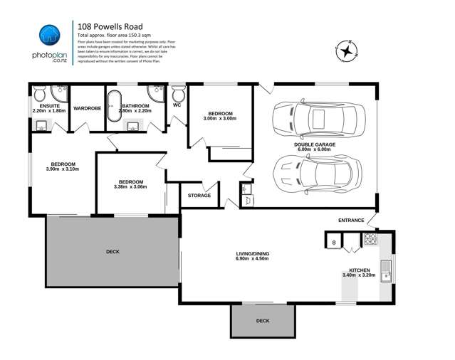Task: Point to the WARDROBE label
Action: click(x=88, y=108)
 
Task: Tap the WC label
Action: click(x=177, y=105)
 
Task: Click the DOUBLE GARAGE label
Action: click(x=314, y=144)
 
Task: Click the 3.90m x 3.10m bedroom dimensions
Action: click(x=62, y=169)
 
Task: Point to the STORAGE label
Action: click(x=199, y=195)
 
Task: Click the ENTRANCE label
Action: click(x=351, y=220)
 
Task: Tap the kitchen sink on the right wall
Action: click(x=385, y=270)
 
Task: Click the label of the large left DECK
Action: click(x=113, y=251)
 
